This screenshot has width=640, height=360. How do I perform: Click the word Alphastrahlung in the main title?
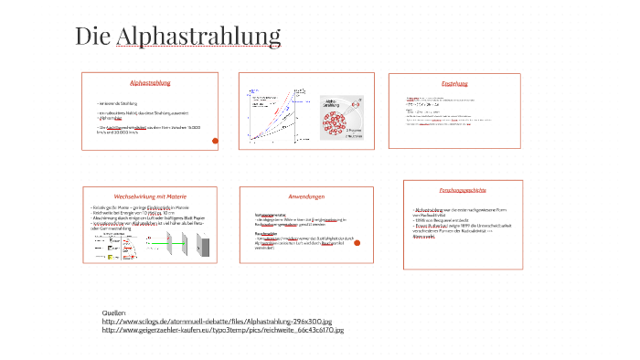[x=198, y=36]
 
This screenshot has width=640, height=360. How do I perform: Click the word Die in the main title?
[x=92, y=36]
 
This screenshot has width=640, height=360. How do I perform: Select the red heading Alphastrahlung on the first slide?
[x=151, y=83]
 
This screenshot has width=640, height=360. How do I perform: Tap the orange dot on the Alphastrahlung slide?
[x=215, y=141]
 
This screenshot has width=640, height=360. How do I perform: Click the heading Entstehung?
[x=454, y=83]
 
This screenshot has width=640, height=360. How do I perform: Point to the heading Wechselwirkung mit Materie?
[x=150, y=196]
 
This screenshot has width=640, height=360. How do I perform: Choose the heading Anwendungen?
[x=306, y=196]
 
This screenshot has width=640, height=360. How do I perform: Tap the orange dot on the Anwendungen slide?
[x=357, y=242]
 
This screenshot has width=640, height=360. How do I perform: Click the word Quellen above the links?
[x=114, y=312]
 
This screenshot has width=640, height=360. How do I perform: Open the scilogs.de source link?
[x=217, y=321]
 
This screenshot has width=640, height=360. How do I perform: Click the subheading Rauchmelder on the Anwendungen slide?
[x=266, y=233]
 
